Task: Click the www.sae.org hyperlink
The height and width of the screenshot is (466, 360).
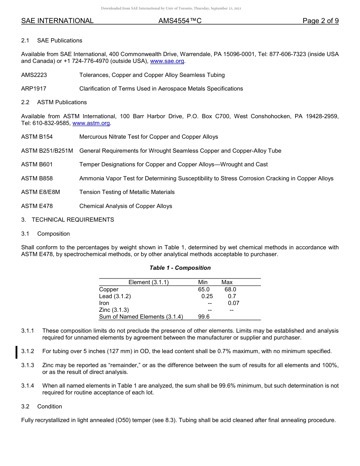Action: pos(167,61)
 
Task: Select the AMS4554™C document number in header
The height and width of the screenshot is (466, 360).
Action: pos(180,21)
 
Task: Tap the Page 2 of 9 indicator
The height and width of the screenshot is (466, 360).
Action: pos(320,21)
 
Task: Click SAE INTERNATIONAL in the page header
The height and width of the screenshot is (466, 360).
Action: pos(57,21)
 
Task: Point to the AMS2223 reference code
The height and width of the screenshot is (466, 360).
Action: pos(34,75)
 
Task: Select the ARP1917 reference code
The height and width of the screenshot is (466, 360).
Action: pos(34,89)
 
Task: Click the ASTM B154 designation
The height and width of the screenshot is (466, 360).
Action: pos(37,137)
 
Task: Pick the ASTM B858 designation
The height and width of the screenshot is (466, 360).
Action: pos(37,178)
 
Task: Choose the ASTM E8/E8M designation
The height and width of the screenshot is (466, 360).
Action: pos(41,192)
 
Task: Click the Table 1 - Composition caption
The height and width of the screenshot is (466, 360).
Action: pos(180,268)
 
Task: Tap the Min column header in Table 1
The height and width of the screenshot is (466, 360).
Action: pos(203,282)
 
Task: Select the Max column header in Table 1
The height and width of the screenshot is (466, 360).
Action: pos(227,282)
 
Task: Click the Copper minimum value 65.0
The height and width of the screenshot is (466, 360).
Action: pos(203,289)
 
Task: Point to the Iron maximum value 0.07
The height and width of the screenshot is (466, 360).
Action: pos(233,303)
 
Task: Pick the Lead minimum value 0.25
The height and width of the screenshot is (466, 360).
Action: pos(207,296)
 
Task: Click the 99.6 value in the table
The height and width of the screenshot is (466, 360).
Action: pos(203,317)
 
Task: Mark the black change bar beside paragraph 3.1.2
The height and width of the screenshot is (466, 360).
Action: pos(16,352)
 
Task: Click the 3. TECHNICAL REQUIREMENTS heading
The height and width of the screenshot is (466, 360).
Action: pos(67,220)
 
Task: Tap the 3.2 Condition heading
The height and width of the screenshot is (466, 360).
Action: pos(42,407)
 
